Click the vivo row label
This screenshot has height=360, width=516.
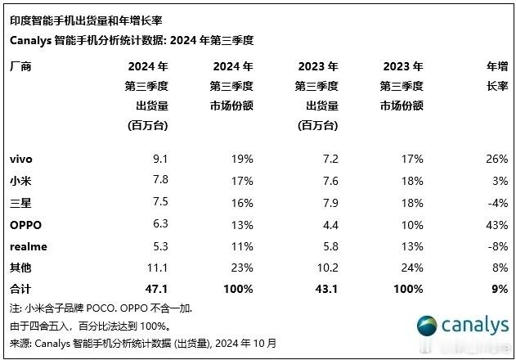pyautogui.click(x=21, y=158)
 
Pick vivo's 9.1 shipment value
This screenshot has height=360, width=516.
pyautogui.click(x=160, y=158)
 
